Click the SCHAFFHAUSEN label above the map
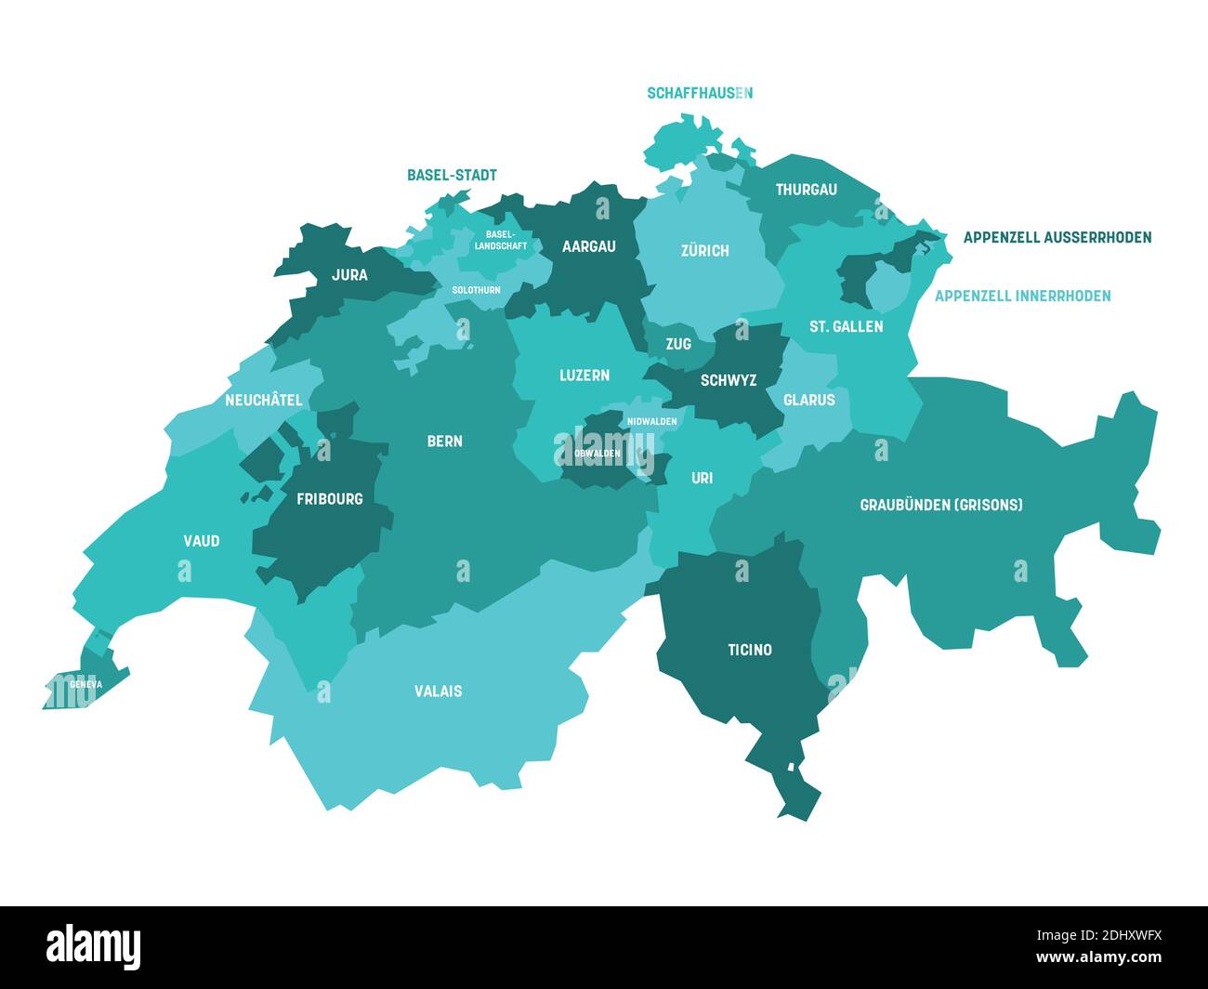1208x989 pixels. pyautogui.click(x=700, y=93)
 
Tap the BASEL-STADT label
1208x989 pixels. pyautogui.click(x=452, y=175)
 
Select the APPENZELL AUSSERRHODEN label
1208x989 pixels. pyautogui.click(x=1057, y=237)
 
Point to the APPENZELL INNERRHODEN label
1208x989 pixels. pyautogui.click(x=1022, y=296)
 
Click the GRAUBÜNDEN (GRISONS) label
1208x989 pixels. pyautogui.click(x=940, y=505)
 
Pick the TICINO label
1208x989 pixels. pyautogui.click(x=749, y=650)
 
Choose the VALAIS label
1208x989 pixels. pyautogui.click(x=438, y=691)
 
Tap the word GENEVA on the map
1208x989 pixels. pyautogui.click(x=85, y=684)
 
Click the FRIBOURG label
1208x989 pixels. pyautogui.click(x=329, y=498)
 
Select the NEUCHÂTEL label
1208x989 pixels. pyautogui.click(x=263, y=400)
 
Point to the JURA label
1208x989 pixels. pyautogui.click(x=349, y=274)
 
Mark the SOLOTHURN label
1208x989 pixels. pyautogui.click(x=476, y=290)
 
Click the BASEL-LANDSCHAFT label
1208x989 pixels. pyautogui.click(x=500, y=240)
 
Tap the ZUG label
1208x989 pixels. pyautogui.click(x=678, y=344)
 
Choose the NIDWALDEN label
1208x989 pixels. pyautogui.click(x=651, y=421)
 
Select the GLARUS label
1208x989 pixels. pyautogui.click(x=808, y=400)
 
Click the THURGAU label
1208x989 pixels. pyautogui.click(x=806, y=190)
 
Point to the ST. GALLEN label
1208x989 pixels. pyautogui.click(x=846, y=326)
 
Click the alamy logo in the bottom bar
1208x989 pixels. pyautogui.click(x=94, y=946)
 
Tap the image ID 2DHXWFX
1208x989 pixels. pyautogui.click(x=1111, y=935)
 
